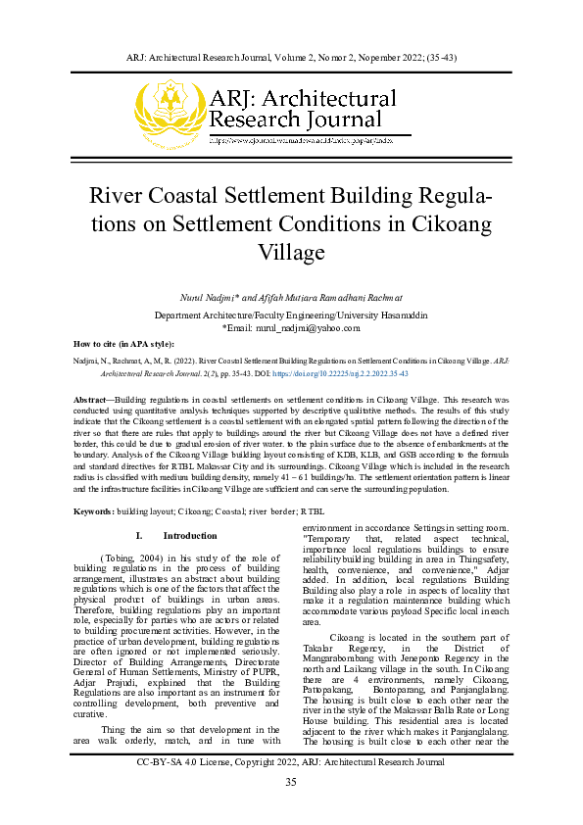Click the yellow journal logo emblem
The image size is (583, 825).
[170, 110]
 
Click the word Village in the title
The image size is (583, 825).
[291, 252]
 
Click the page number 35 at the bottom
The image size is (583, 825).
[291, 781]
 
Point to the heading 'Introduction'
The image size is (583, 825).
[190, 536]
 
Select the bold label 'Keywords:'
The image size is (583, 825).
[94, 513]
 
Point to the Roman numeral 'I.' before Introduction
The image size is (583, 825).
[139, 536]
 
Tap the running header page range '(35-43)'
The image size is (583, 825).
[440, 57]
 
